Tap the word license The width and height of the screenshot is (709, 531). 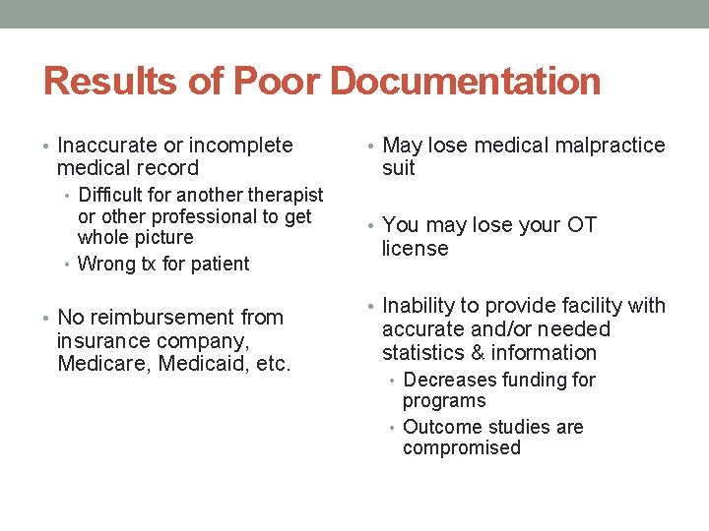(x=415, y=249)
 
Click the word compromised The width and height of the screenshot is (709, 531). (x=461, y=448)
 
